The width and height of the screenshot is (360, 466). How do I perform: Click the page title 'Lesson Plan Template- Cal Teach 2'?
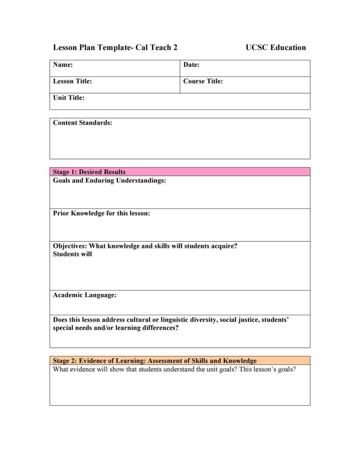point(115,47)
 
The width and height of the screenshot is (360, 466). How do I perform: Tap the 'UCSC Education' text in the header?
point(276,47)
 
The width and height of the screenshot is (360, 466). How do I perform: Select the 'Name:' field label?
point(63,65)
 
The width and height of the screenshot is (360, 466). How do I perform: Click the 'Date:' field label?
point(191,65)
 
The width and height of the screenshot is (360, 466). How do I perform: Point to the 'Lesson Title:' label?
point(72,81)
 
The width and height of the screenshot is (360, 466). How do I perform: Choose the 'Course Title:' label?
point(203,81)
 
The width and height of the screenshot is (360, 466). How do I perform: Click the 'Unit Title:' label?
point(69,98)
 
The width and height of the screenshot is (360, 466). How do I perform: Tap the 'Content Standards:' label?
point(82,123)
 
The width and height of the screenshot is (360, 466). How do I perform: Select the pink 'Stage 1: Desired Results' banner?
point(180,172)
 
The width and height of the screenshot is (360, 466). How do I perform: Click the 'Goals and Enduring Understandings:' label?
point(109,181)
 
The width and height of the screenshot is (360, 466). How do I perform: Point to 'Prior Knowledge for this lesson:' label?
point(101,213)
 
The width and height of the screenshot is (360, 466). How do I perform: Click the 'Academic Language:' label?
point(85,295)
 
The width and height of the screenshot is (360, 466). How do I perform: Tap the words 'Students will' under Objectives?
point(72,254)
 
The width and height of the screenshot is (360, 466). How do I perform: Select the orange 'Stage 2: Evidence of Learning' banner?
point(180,361)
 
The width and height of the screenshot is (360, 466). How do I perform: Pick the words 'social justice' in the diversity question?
point(239,320)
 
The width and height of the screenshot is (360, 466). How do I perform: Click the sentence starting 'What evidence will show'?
point(175,369)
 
